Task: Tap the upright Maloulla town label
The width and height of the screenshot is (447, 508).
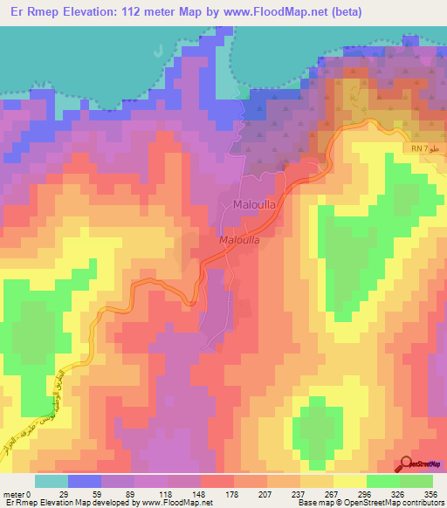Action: coord(256,205)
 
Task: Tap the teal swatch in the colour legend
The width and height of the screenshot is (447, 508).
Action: coord(52,481)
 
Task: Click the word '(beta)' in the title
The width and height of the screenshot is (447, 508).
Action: coord(343,12)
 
